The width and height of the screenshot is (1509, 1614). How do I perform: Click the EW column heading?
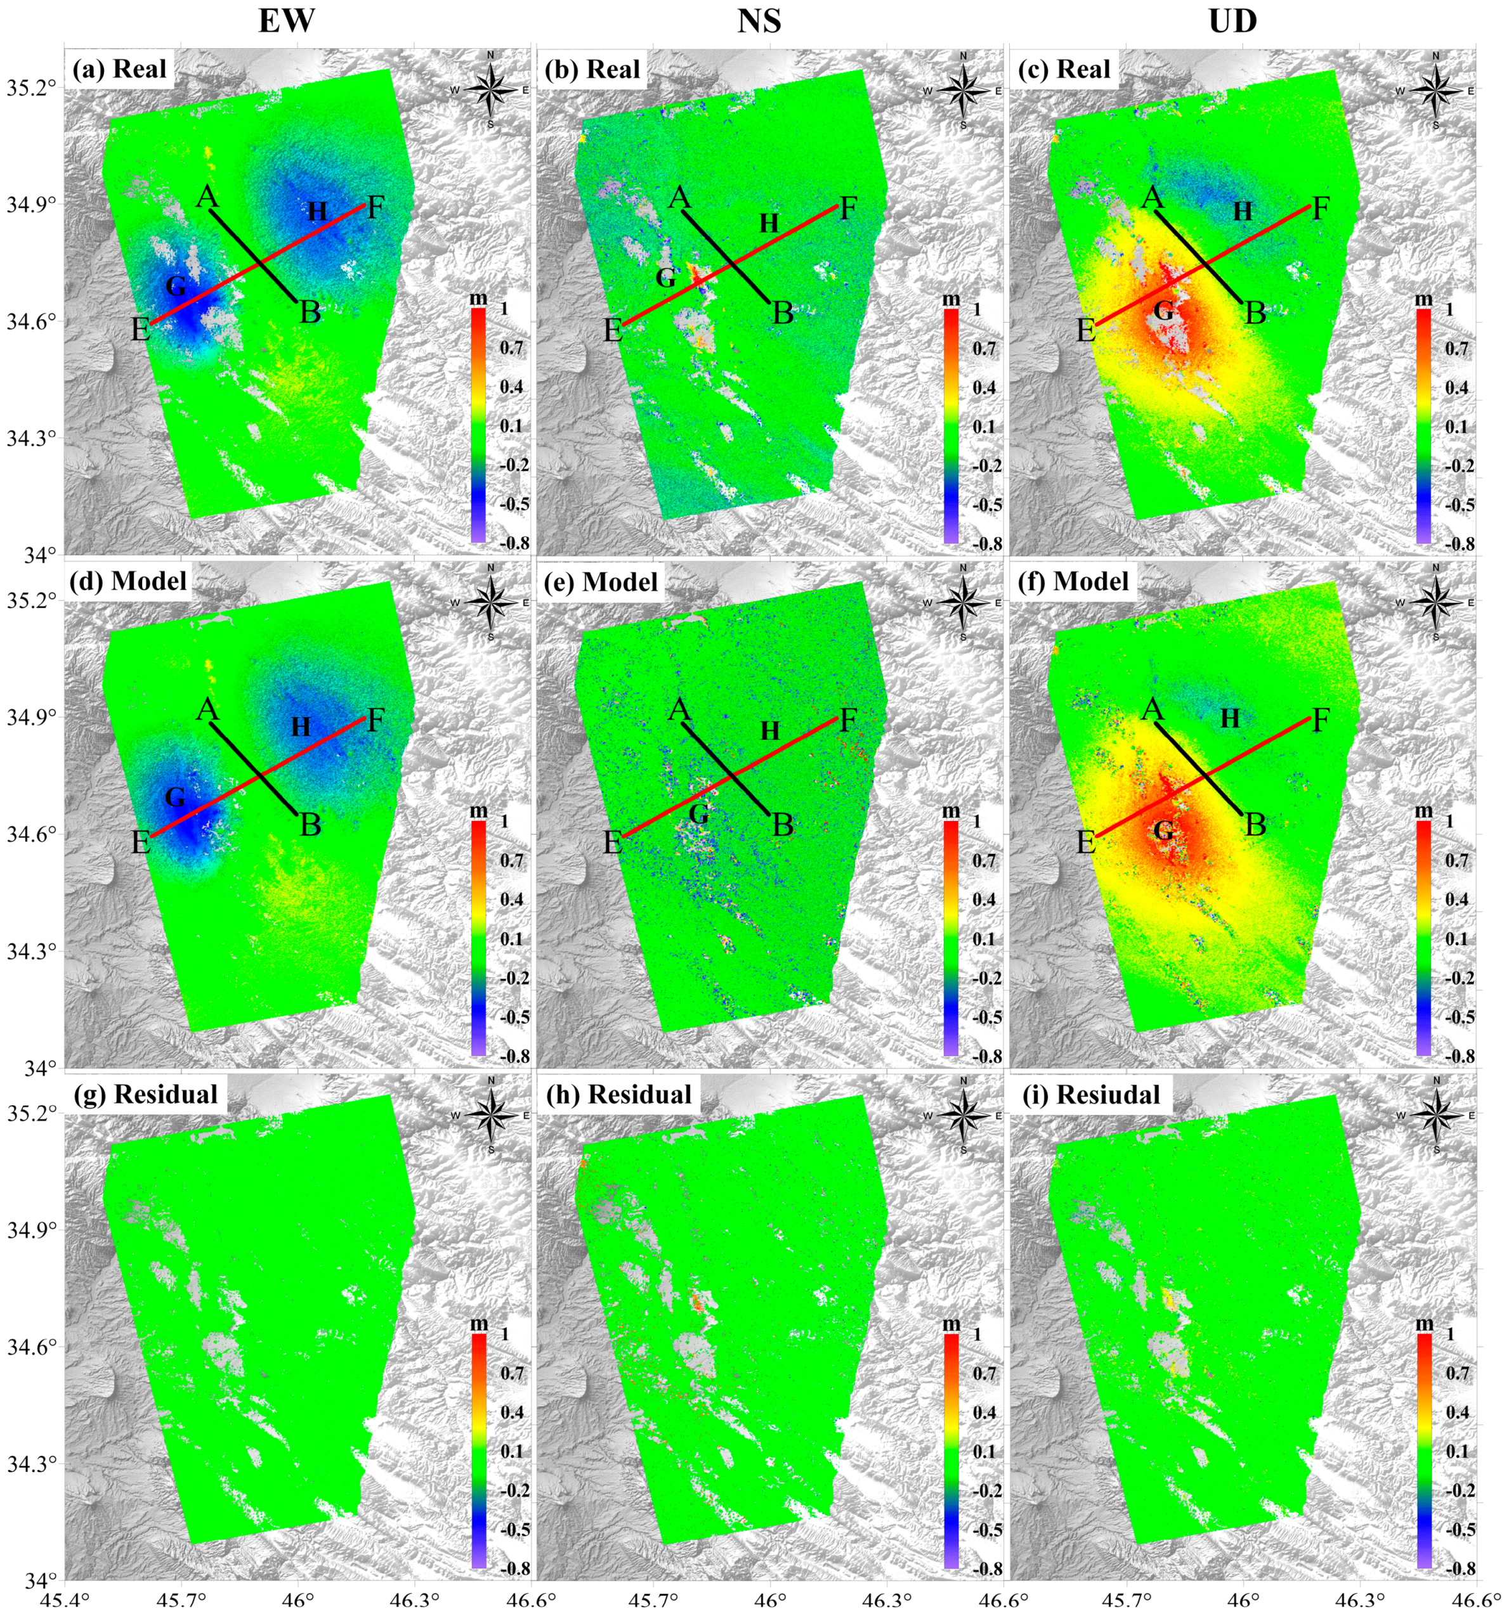[286, 20]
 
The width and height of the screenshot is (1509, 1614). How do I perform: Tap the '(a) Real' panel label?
[119, 69]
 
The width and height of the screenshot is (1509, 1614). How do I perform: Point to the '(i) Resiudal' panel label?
[1090, 1094]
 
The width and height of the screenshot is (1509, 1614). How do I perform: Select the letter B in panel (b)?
[782, 313]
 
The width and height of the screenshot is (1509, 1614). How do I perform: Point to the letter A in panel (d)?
[207, 709]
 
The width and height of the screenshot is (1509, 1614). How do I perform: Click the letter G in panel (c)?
[1164, 310]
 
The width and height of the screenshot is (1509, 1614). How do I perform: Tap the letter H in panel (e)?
[770, 731]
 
